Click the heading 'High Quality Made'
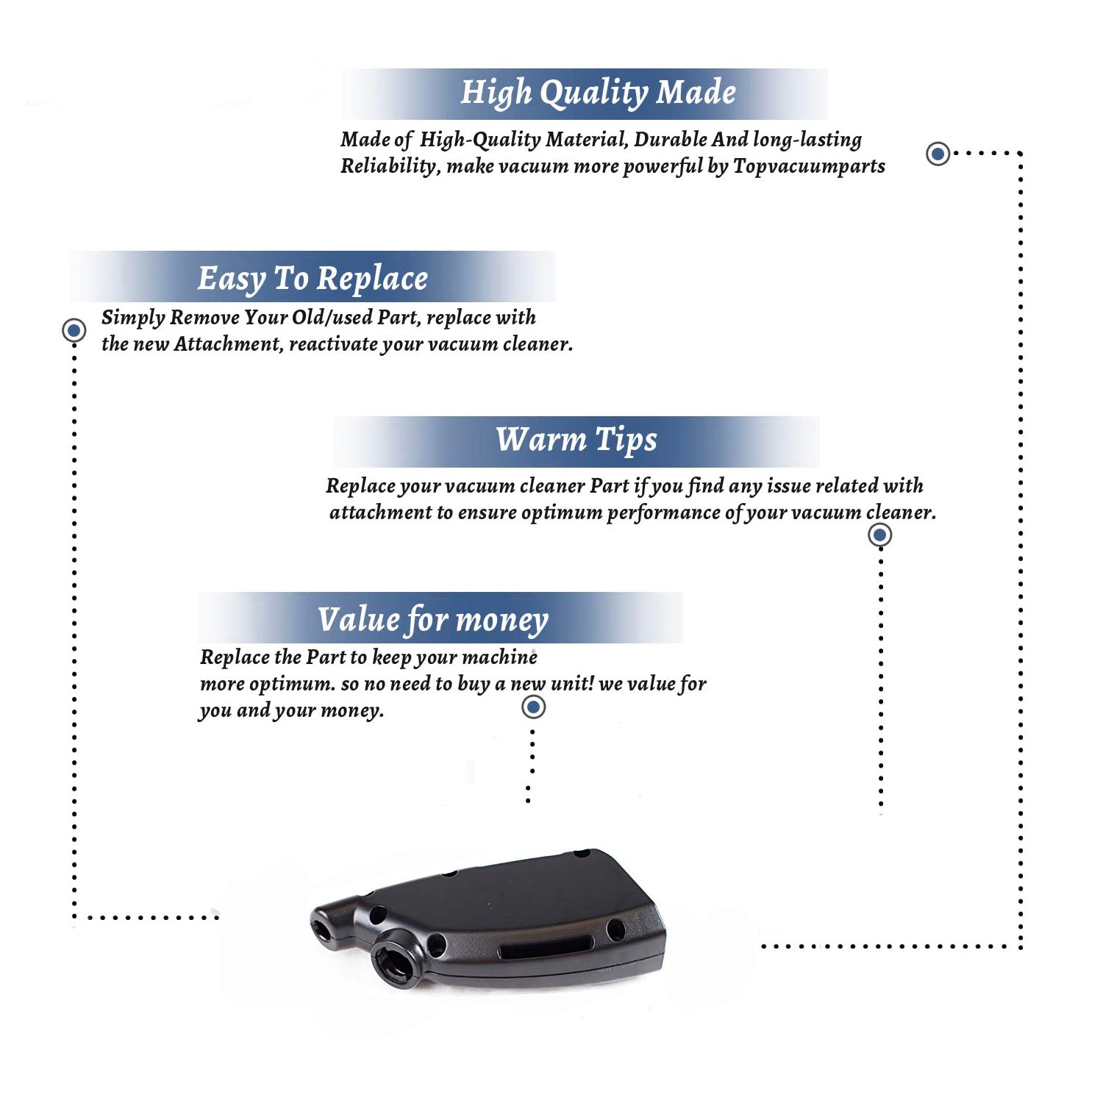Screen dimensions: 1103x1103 point(598,93)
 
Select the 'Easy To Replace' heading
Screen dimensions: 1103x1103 point(313,279)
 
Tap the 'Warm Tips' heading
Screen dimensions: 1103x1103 point(577,440)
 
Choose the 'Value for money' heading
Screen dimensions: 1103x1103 point(433,620)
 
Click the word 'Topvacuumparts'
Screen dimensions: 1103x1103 point(809,167)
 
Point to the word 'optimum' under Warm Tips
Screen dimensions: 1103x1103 point(562,513)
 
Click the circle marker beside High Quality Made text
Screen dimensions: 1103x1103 point(938,154)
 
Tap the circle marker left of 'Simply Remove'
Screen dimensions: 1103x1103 point(74,330)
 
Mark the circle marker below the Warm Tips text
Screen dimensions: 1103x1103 point(880,535)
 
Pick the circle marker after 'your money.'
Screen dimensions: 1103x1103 point(533,707)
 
